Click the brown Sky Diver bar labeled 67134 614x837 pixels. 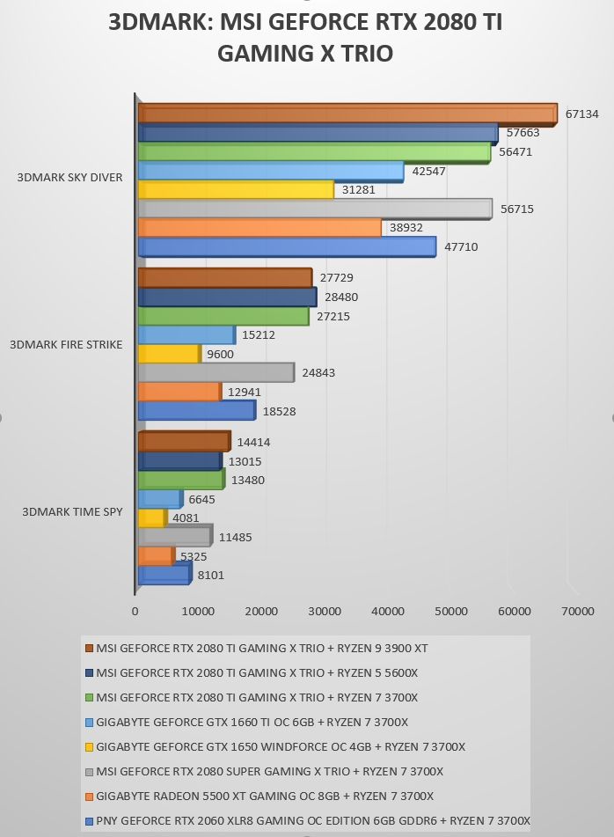point(347,114)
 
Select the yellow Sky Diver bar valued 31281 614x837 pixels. point(236,189)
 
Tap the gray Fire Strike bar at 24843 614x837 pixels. point(216,372)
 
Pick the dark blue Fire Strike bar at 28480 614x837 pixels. point(227,297)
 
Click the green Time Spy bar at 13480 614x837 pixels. point(181,480)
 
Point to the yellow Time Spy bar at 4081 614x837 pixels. point(152,518)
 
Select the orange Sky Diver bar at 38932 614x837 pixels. point(259,227)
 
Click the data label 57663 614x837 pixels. point(523,132)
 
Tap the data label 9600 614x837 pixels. point(220,354)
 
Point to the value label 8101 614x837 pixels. point(211,575)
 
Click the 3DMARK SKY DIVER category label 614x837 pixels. point(69,177)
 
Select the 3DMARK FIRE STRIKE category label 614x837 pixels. point(66,344)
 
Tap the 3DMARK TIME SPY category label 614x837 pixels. point(72,511)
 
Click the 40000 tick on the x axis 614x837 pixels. point(387,611)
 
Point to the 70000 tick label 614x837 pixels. point(577,611)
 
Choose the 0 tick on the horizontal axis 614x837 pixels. point(135,611)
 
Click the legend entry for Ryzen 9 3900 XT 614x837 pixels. point(257,648)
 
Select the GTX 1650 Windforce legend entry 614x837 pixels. point(275,746)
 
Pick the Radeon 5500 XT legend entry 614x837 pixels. point(259,796)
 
